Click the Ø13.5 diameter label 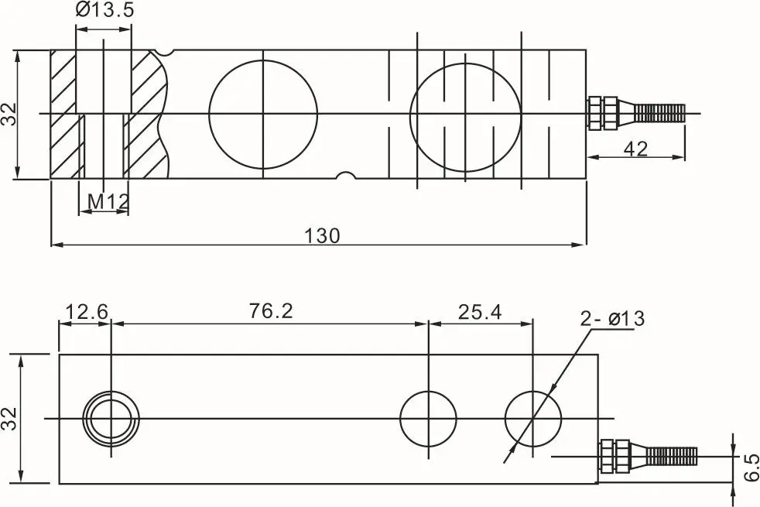(104, 10)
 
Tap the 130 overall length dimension (322, 235)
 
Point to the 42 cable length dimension (636, 149)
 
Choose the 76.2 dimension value (272, 310)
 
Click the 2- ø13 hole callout (613, 318)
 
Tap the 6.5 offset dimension (750, 468)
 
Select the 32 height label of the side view (9, 114)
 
